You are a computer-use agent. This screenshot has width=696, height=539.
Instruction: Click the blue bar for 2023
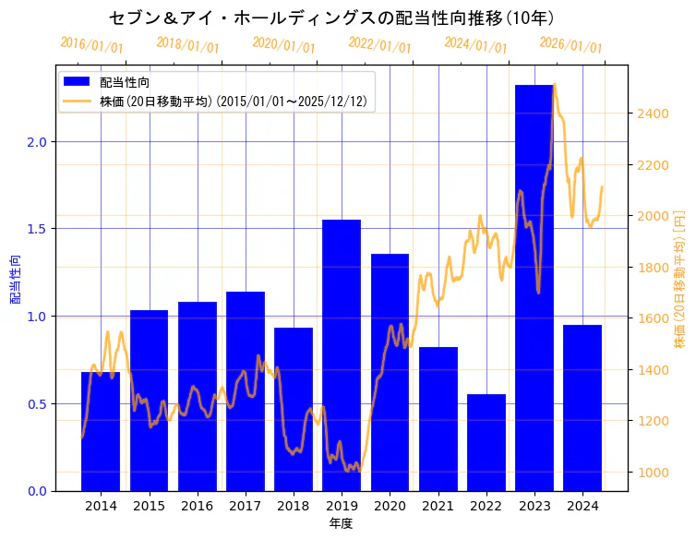[534, 287]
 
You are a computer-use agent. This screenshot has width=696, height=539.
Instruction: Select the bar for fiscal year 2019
[342, 355]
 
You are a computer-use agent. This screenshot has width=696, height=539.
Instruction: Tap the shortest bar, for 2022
[486, 443]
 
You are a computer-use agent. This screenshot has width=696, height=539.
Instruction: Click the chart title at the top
[331, 18]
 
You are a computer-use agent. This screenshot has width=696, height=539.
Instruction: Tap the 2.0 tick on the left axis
[38, 141]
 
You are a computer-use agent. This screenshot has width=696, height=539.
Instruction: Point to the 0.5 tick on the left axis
[38, 403]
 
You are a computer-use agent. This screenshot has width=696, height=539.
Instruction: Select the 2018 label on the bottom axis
[294, 506]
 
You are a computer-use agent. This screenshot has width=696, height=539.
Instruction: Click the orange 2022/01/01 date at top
[380, 45]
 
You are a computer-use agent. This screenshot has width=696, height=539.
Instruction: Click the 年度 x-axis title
[342, 523]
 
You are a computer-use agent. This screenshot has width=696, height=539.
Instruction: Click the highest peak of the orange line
[554, 86]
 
